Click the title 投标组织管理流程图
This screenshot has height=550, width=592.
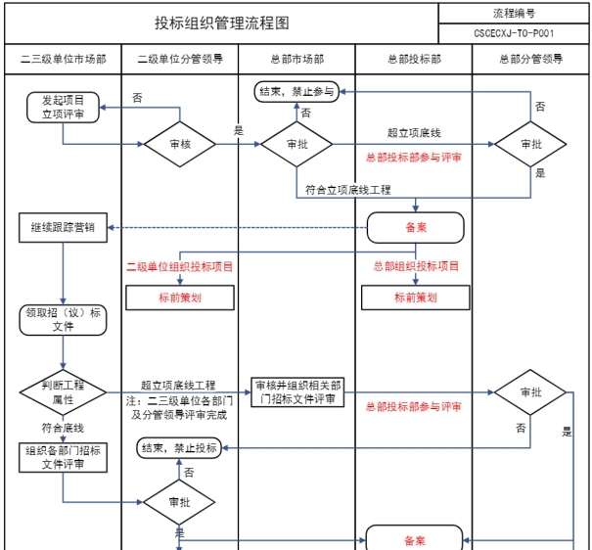(222, 23)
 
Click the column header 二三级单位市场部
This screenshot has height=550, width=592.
(63, 59)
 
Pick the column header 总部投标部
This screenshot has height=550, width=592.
(414, 59)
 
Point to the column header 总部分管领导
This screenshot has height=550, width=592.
(530, 59)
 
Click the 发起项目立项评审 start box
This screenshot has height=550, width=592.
(63, 107)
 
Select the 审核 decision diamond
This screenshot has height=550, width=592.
(180, 144)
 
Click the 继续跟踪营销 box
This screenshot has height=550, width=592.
(63, 228)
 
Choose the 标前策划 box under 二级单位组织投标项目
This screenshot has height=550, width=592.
(180, 298)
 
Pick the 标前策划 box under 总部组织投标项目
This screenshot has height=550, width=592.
(414, 298)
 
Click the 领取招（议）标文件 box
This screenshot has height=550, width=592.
(63, 319)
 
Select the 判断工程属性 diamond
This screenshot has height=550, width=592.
(63, 393)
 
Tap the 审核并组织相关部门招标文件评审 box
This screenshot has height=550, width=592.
(296, 391)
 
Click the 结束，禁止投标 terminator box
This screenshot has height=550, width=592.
(179, 448)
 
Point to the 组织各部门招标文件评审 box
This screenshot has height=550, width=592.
(63, 457)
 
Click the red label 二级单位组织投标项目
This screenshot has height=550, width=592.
(180, 265)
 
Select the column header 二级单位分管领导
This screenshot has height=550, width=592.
(180, 59)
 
